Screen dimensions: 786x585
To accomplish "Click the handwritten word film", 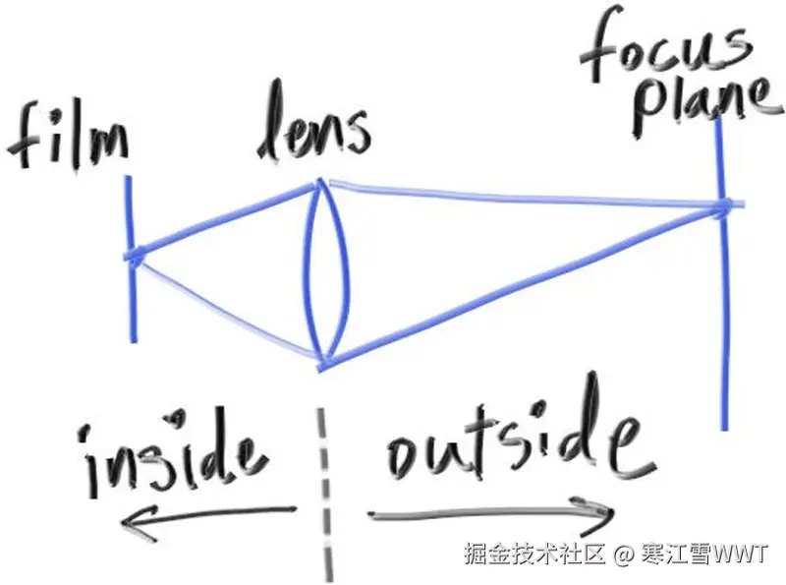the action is point(67,138).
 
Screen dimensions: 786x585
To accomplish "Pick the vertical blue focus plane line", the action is point(724,324).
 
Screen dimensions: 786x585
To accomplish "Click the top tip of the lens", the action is point(320,182).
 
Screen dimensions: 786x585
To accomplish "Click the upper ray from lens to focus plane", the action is point(521,194).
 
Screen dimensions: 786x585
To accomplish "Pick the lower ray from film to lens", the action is point(226,308).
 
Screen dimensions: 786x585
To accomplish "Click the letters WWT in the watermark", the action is point(741,555).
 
